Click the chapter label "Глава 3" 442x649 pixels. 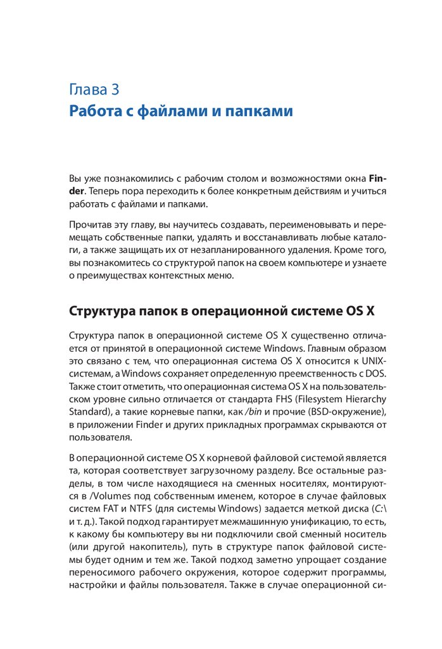pyautogui.click(x=94, y=88)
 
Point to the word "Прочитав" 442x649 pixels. pyautogui.click(x=92, y=226)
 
